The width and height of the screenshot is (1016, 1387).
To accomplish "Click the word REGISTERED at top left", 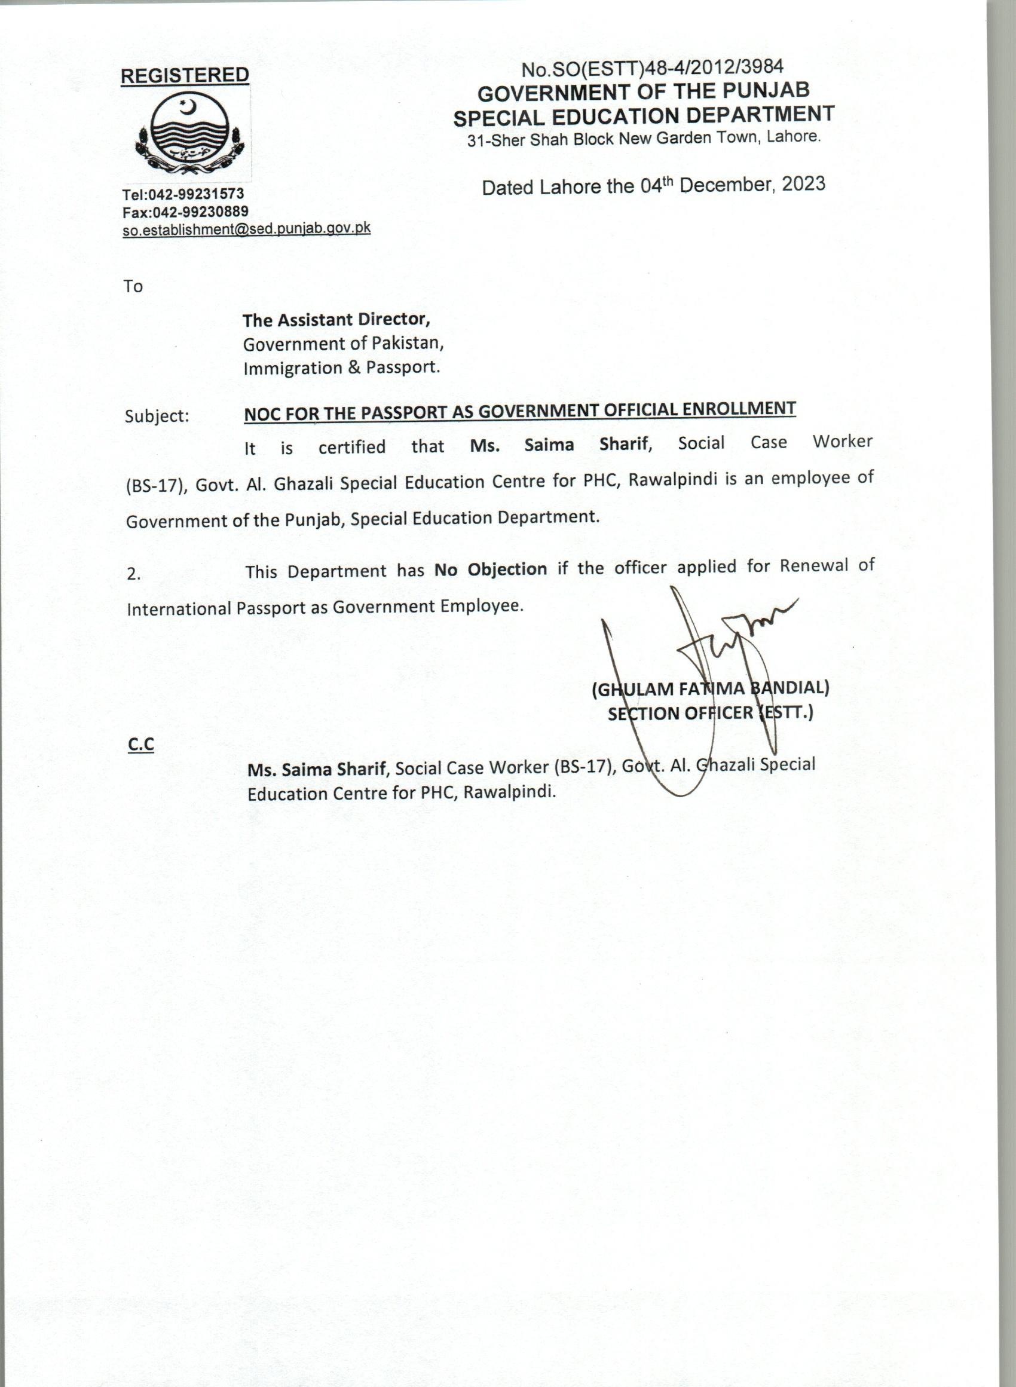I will [185, 76].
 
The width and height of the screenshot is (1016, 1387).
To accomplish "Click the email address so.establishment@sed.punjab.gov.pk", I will [246, 229].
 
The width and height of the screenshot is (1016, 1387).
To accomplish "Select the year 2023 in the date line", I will [803, 184].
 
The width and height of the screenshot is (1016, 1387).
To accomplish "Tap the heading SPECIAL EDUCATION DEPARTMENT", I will [643, 115].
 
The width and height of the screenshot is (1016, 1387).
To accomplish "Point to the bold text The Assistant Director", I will [336, 320].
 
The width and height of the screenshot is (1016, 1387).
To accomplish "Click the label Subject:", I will [157, 417].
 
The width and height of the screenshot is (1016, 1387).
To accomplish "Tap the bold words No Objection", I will [490, 570].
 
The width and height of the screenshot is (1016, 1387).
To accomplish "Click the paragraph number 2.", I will [133, 574].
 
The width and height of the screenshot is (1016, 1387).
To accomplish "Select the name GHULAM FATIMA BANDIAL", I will [711, 688].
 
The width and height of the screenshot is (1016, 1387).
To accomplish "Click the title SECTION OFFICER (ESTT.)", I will [711, 713].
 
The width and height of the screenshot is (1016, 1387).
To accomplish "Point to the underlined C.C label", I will [141, 745].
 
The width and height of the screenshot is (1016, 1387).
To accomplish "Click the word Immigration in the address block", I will [283, 368].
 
